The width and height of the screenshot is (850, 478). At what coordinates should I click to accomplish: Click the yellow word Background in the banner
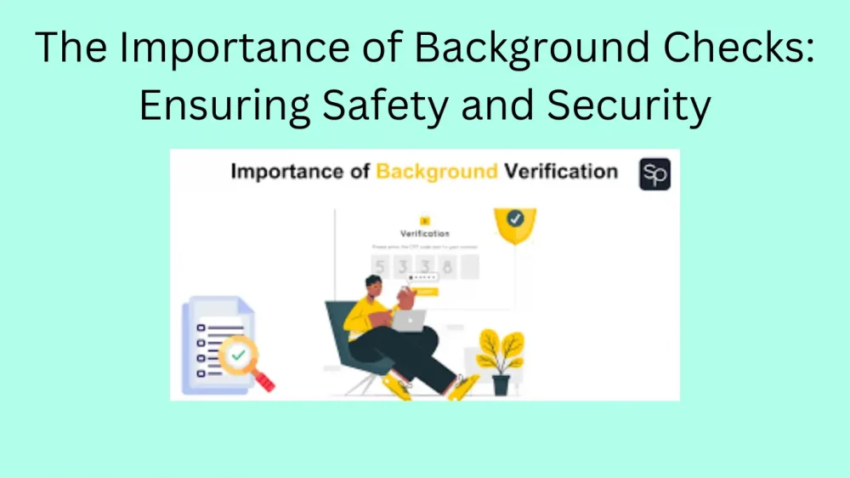click(x=437, y=172)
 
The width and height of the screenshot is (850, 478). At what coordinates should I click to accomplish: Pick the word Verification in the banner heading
click(x=561, y=172)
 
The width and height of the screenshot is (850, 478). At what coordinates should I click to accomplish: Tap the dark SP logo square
click(x=654, y=174)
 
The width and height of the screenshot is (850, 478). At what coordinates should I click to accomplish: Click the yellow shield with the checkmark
click(x=514, y=223)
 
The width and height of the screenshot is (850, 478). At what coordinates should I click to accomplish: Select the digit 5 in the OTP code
click(x=381, y=267)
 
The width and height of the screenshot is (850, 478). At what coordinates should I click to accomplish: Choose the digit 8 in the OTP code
click(x=447, y=267)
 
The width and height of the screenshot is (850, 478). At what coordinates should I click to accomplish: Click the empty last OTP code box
click(x=469, y=267)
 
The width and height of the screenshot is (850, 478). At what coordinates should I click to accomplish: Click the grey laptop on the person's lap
click(x=409, y=320)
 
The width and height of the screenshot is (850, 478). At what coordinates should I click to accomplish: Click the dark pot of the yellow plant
click(x=501, y=384)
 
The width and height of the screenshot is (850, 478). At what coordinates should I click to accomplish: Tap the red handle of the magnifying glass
click(x=263, y=381)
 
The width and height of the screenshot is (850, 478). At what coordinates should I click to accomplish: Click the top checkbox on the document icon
click(x=201, y=327)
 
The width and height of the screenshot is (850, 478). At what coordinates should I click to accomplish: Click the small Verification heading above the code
click(x=424, y=233)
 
